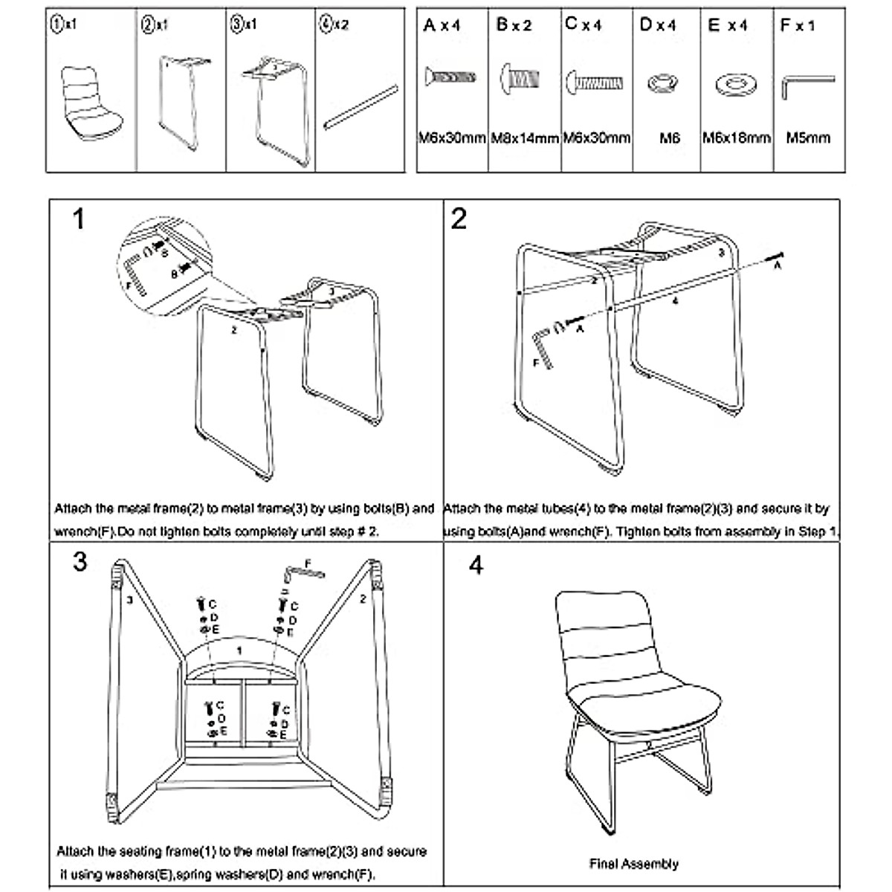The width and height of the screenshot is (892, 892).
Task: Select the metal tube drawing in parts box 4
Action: [x=360, y=108]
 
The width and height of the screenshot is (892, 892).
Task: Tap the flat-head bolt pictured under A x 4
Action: [x=450, y=77]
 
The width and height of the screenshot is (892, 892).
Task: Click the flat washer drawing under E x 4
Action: [x=734, y=83]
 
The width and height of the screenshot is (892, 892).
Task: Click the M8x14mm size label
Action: [x=524, y=138]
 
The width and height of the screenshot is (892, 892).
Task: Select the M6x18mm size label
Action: [x=736, y=138]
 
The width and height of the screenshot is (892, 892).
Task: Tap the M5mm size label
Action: [x=808, y=138]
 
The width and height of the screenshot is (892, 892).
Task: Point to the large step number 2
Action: [x=459, y=219]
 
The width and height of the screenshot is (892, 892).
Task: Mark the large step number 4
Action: [x=476, y=565]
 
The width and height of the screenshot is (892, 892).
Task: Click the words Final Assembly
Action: [x=633, y=864]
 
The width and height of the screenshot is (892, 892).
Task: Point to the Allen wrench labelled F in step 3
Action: [x=303, y=571]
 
